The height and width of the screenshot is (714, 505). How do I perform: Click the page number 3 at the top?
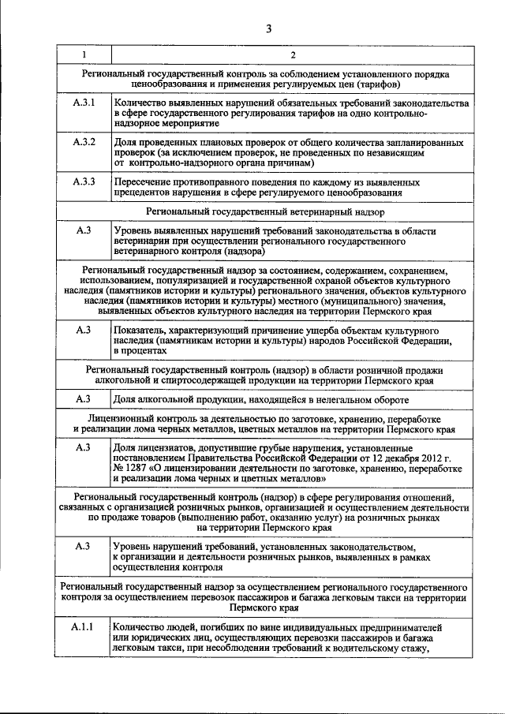point(268,29)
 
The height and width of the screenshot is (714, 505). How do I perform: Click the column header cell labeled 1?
point(84,55)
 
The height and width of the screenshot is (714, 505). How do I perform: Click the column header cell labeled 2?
point(293,55)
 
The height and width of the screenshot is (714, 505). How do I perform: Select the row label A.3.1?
point(84,103)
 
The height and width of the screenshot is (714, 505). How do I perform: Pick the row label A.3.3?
point(84,181)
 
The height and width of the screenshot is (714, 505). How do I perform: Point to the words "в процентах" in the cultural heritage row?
point(140,350)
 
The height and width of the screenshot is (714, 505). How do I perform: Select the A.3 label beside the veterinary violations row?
point(84,230)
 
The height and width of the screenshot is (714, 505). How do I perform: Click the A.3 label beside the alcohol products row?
point(84,399)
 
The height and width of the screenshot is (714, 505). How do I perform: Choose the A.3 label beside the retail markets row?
point(84,546)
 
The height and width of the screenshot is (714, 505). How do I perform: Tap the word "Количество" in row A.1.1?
point(140,627)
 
